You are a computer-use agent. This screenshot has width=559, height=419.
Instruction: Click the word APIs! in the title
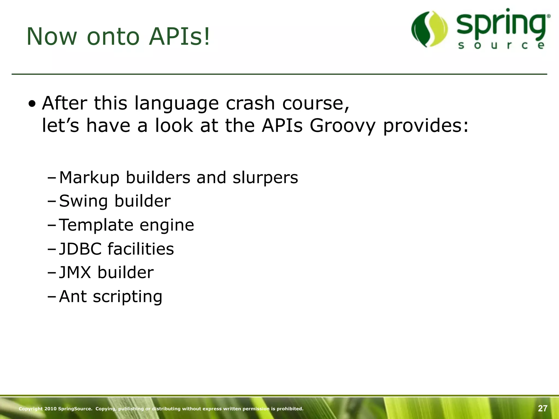point(180,37)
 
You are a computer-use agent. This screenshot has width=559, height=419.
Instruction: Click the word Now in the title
point(52,37)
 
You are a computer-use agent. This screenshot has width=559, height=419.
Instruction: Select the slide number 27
point(542,408)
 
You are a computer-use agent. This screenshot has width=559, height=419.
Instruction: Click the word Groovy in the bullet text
point(343,126)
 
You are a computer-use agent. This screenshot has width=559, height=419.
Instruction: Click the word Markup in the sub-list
point(89,178)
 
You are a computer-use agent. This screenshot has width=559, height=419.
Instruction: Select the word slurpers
point(265,178)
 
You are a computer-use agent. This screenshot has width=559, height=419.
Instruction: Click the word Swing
point(84,202)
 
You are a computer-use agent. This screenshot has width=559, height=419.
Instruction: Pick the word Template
point(96,225)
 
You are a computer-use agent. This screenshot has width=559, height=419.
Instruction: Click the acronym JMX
point(75,273)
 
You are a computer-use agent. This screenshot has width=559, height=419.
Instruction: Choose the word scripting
point(127,297)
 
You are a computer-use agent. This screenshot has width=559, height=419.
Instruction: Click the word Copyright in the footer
point(31,409)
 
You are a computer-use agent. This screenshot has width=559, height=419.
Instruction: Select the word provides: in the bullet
point(426,126)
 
